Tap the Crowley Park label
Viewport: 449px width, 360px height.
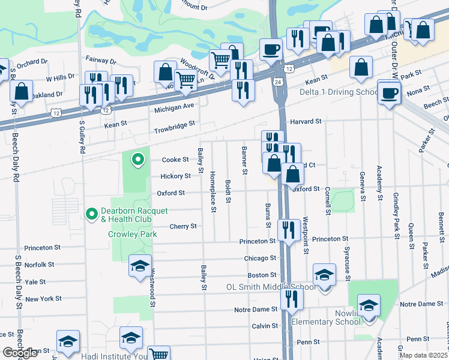(x=132, y=234)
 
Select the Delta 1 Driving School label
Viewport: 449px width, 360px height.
(x=339, y=92)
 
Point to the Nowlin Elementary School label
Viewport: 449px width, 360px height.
(x=326, y=322)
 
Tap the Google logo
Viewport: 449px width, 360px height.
(x=20, y=353)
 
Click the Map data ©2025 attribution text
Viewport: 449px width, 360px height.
(x=423, y=355)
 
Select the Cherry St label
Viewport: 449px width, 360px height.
(x=183, y=226)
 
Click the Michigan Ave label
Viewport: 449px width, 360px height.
(x=174, y=106)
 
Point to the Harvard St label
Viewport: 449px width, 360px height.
(x=306, y=122)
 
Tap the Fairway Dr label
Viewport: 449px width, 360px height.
(x=101, y=61)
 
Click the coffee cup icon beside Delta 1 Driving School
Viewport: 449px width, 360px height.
(x=389, y=92)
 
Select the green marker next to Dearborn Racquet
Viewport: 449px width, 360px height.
(x=138, y=160)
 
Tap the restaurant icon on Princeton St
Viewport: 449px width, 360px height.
(x=289, y=229)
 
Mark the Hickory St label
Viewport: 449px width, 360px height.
(x=175, y=176)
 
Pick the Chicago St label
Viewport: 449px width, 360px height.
(x=259, y=258)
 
